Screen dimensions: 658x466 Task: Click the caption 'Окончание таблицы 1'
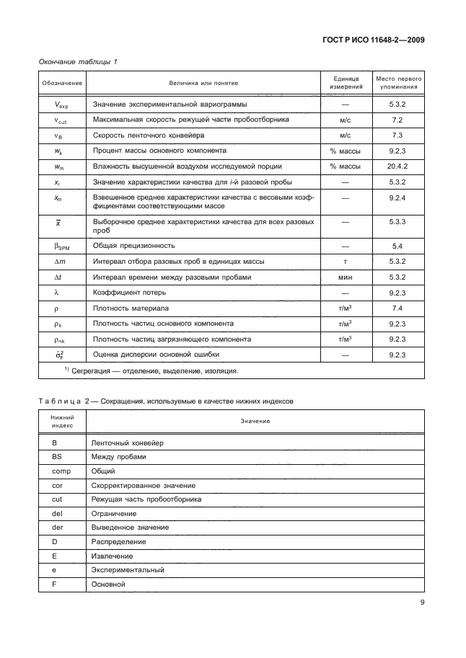(77, 63)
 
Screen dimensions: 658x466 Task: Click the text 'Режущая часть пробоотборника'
(146, 499)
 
